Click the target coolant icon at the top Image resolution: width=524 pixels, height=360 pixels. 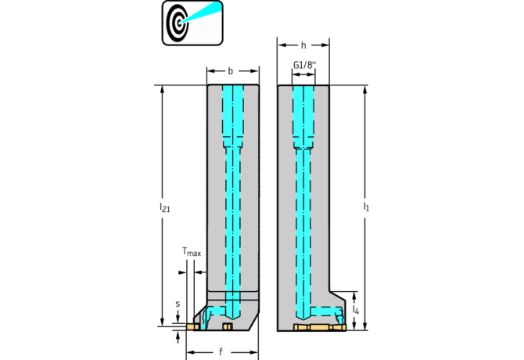coord(192,23)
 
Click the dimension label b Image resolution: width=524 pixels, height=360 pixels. coord(230,71)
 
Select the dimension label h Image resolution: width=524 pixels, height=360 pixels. coord(303,45)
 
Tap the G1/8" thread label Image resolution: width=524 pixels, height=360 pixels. coord(304,65)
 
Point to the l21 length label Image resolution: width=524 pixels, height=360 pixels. coord(165,207)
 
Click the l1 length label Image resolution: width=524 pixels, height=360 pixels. coord(366,207)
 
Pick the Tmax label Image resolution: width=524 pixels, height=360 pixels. coord(192,251)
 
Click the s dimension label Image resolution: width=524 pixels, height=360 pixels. coord(178,304)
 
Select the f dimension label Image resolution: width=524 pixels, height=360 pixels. coord(221,351)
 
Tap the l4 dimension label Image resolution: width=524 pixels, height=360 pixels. coord(356,310)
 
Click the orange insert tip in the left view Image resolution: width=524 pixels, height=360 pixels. coord(192,326)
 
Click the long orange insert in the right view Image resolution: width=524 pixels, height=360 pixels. coord(320,327)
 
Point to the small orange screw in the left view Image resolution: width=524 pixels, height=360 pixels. coord(228,326)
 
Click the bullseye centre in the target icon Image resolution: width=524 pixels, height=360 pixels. coord(179,23)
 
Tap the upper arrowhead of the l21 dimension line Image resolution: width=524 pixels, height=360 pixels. coord(163,89)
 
